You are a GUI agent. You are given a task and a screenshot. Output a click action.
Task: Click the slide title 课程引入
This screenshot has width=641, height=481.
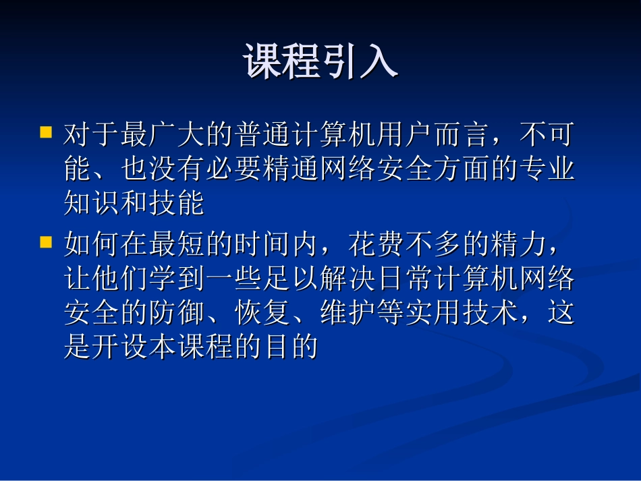click(x=320, y=63)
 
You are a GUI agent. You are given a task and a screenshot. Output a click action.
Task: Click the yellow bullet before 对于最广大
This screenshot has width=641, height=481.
click(x=46, y=132)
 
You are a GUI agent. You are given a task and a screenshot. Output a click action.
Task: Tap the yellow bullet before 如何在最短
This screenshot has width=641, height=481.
click(x=46, y=242)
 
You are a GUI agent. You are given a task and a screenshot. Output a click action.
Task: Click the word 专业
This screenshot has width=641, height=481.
click(x=547, y=169)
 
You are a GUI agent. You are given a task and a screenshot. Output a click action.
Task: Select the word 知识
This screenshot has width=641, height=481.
click(x=92, y=203)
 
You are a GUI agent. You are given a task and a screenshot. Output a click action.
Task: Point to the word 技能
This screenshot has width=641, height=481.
click(x=178, y=203)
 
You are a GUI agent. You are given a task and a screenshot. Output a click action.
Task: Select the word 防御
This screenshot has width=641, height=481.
click(x=178, y=313)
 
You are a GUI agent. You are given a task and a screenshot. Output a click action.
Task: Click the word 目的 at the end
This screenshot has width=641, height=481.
click(x=291, y=347)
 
